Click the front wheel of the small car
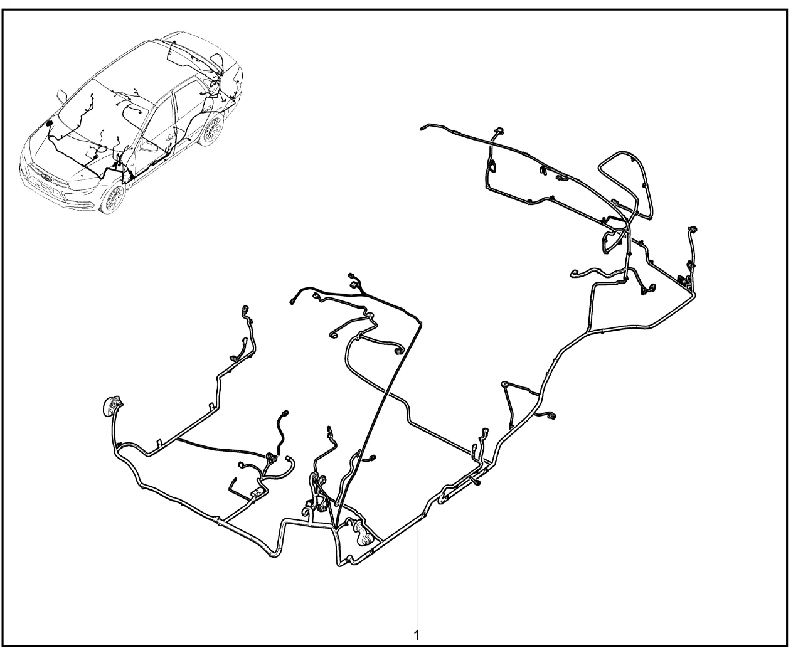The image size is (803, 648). (114, 197)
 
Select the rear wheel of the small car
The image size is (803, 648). (211, 129)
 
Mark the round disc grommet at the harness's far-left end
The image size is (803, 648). (111, 405)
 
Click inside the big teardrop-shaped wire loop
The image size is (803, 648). (624, 181)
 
